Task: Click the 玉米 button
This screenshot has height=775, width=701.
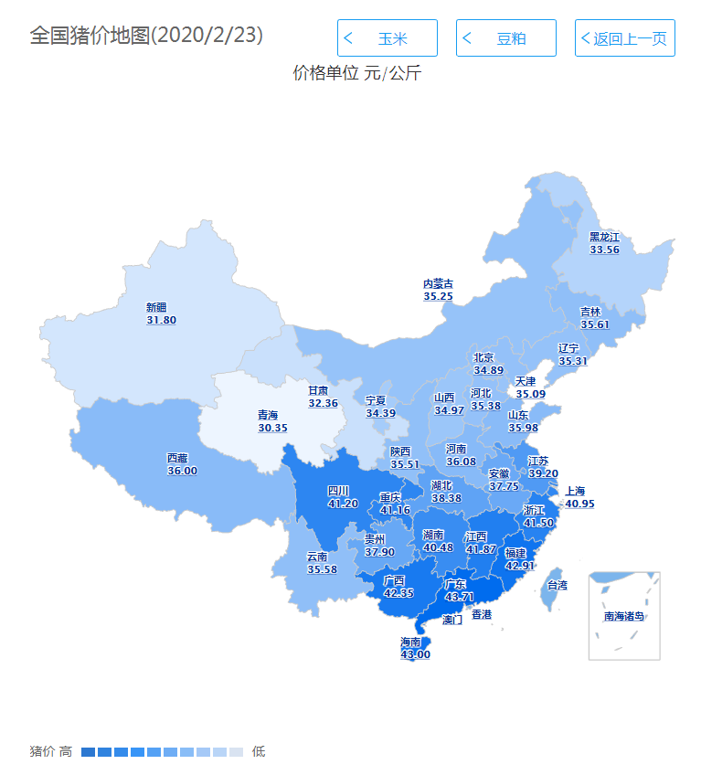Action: pos(387,38)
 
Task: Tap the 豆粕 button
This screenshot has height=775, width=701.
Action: pos(505,38)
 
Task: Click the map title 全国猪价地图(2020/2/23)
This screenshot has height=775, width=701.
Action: pos(146,36)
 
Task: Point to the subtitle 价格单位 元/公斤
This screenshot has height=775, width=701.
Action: pos(356,73)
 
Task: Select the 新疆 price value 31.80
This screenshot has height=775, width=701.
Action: pos(161,321)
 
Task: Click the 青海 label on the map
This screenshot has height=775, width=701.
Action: pos(272,415)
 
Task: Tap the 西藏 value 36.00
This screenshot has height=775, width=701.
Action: pos(182,471)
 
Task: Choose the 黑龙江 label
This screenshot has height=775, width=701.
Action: pos(604,237)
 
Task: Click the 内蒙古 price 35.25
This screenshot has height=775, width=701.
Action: pos(438,297)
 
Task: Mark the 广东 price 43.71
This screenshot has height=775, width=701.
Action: pos(459,597)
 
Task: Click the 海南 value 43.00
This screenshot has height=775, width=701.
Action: pos(415,654)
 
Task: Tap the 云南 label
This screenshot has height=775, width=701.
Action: pos(317,557)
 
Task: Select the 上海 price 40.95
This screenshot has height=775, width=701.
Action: pos(579,504)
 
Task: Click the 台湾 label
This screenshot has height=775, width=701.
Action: pos(557,585)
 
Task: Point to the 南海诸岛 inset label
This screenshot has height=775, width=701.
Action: pos(623,616)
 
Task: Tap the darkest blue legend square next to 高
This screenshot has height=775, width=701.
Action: pos(88,752)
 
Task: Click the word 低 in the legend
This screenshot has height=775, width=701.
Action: pos(259,752)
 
